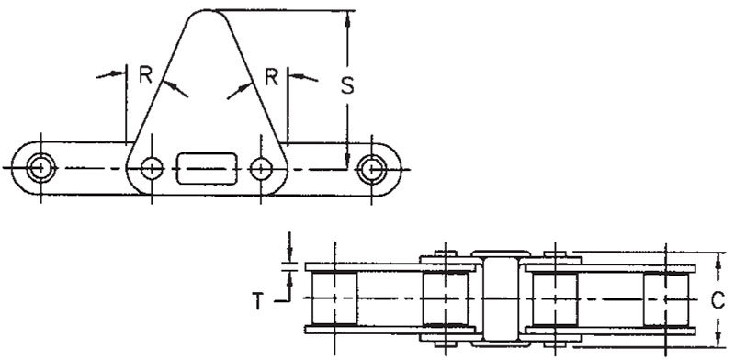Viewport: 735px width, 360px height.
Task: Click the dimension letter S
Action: point(347,86)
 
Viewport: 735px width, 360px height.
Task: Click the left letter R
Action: point(146,75)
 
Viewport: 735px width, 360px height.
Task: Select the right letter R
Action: point(272,77)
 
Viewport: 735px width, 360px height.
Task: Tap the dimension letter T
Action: point(258,301)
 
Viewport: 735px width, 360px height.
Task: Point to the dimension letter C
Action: point(718,301)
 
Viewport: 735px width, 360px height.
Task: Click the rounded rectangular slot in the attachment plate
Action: point(207,168)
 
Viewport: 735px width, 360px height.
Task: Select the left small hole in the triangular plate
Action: point(152,168)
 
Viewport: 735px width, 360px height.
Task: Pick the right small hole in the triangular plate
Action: point(261,168)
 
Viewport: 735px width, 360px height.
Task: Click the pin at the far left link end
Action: point(41,168)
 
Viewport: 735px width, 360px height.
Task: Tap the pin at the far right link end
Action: point(372,169)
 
